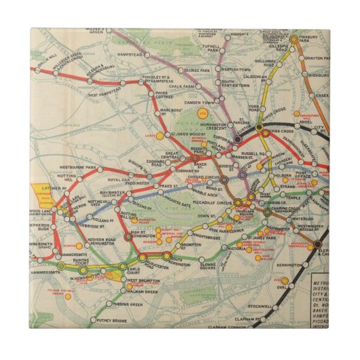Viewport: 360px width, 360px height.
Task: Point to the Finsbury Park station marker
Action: tap(294, 40)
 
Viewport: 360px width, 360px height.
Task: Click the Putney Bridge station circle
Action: tap(93, 319)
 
